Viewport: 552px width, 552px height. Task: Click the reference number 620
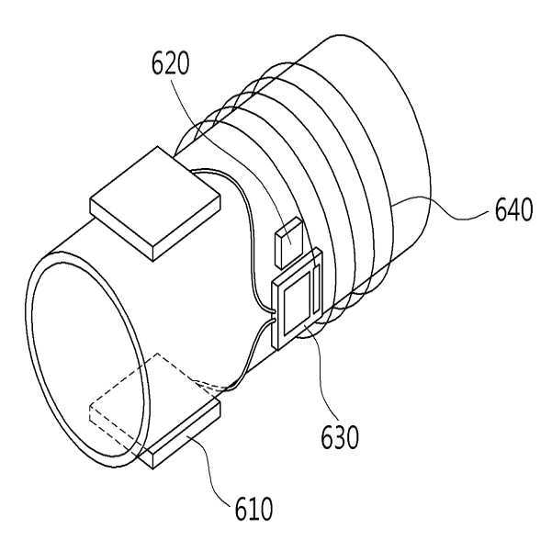pyautogui.click(x=171, y=63)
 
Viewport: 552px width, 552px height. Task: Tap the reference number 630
pyautogui.click(x=340, y=437)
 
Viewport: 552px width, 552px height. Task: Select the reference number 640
pyautogui.click(x=513, y=209)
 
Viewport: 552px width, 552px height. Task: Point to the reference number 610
pyautogui.click(x=253, y=509)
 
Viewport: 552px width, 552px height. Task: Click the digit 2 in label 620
pyautogui.click(x=171, y=63)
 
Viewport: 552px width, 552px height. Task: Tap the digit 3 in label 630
pyautogui.click(x=340, y=437)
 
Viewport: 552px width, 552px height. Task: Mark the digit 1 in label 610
pyautogui.click(x=253, y=509)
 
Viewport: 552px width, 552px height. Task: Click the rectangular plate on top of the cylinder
pyautogui.click(x=155, y=204)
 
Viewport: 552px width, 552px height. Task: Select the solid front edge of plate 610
pyautogui.click(x=183, y=434)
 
